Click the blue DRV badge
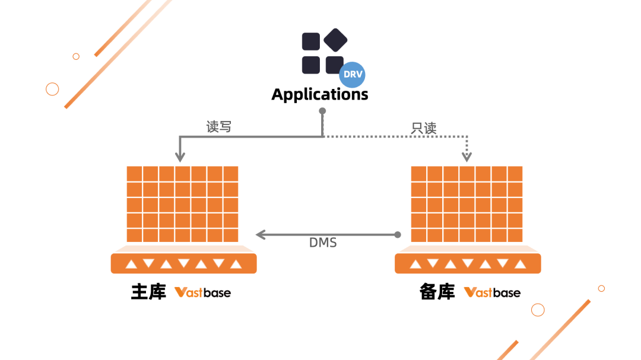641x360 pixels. click(352, 75)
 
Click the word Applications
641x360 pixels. click(320, 94)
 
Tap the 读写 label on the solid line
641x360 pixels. click(218, 126)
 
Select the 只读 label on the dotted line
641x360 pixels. click(424, 128)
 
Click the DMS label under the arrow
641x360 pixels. click(323, 243)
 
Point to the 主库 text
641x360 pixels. click(148, 292)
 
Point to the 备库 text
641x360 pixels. click(437, 292)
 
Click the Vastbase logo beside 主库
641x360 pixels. click(202, 292)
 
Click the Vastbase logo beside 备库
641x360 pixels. click(492, 292)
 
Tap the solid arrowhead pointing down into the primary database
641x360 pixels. click(180, 157)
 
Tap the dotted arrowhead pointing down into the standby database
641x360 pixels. click(467, 157)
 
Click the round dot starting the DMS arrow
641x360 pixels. click(398, 235)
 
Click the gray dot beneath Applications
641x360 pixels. click(322, 111)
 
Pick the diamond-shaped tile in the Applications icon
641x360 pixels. click(335, 40)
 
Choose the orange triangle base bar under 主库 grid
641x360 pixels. click(183, 263)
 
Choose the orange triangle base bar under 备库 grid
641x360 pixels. click(468, 263)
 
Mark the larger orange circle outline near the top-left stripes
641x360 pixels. click(52, 89)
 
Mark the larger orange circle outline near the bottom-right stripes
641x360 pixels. click(538, 310)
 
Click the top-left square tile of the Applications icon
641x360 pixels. click(311, 42)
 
